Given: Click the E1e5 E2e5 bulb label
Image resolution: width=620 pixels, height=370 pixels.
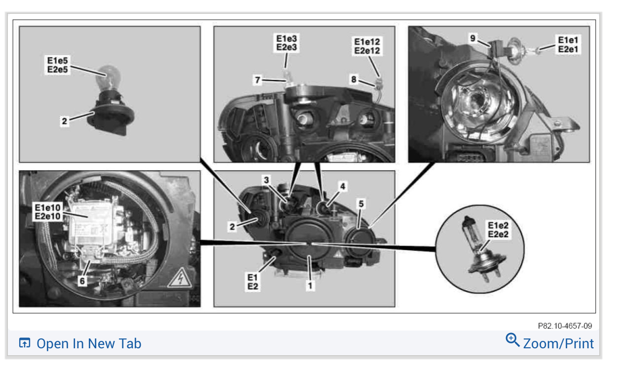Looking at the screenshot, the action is point(57,65).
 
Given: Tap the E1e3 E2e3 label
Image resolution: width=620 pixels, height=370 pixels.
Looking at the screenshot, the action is point(286,43).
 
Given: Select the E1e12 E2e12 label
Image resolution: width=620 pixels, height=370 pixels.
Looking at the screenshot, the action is point(367,46).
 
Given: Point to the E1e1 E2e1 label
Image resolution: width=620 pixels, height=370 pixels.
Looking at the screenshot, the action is point(568,44).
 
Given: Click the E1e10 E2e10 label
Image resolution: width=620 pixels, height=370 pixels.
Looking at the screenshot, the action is point(47,212).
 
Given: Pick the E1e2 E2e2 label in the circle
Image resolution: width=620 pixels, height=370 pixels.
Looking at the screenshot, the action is point(498,230).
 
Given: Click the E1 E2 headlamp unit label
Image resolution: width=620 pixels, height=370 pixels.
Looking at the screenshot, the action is point(252,282).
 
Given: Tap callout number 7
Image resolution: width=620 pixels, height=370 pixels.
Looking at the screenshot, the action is point(258,80).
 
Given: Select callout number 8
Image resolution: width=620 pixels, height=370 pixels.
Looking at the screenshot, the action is point(354,79).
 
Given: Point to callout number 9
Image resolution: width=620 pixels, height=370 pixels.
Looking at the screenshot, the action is point(473,38).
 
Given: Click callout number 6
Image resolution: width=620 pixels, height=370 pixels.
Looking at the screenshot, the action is point(82,281).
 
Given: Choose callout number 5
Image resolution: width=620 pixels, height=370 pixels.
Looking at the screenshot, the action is point(361,204).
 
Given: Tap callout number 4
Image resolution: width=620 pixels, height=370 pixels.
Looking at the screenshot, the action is point(343,186).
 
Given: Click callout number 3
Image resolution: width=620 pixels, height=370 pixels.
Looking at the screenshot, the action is point(266,180).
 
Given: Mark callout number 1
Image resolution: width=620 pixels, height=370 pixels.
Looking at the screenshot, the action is point(310,286).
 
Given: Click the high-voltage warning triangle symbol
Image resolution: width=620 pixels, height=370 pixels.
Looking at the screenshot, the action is point(180,278).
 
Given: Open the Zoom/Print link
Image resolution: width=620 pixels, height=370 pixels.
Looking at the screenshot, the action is point(550,342).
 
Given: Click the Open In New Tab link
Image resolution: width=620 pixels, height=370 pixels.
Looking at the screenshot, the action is point(80,343).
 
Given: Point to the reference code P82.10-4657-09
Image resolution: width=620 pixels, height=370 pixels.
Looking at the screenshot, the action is point(565,326).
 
